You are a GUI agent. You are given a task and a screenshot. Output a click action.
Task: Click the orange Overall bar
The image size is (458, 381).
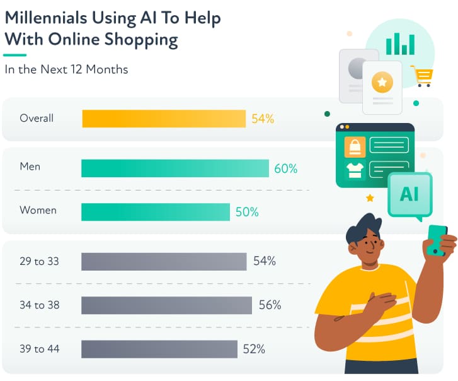[x=164, y=119]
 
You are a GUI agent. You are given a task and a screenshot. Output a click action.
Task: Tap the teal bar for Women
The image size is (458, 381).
[x=156, y=212]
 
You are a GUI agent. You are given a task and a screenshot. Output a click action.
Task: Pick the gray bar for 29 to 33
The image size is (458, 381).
[x=164, y=261]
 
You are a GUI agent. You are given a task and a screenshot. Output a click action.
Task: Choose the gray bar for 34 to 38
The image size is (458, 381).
[x=167, y=305]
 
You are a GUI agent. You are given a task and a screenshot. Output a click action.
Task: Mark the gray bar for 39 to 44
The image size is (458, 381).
[x=159, y=349]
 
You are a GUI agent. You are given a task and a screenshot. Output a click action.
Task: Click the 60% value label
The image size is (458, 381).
[x=285, y=168]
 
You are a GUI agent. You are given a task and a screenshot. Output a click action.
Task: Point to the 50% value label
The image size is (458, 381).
[x=247, y=212]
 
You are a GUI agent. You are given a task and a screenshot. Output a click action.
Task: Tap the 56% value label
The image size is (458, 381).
[x=270, y=305]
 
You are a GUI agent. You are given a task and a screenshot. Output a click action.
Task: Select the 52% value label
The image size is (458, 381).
[x=253, y=349]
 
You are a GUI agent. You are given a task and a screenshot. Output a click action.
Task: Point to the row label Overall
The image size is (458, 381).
[x=37, y=118]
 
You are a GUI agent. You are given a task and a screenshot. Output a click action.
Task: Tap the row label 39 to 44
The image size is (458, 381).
[x=39, y=348]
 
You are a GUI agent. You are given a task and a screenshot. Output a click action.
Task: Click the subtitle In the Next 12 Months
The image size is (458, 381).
[x=66, y=69]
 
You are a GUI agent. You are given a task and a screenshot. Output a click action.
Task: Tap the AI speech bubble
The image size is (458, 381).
[x=409, y=194]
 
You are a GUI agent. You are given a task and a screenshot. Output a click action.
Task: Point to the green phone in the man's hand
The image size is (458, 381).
[x=437, y=240]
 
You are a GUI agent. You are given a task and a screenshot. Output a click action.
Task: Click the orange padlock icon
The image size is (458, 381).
[x=355, y=147]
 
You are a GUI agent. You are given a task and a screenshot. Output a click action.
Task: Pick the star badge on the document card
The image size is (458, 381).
[x=382, y=81]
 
